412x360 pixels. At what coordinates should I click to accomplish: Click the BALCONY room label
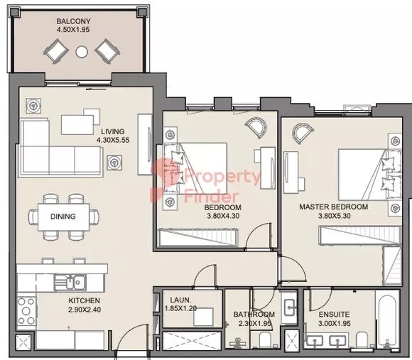tap(74, 21)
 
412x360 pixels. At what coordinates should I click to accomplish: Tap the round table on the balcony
tap(82, 51)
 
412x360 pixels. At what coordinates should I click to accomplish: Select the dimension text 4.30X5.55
tap(113, 140)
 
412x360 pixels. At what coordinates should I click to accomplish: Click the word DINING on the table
tap(63, 217)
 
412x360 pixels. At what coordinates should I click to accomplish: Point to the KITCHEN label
tap(85, 300)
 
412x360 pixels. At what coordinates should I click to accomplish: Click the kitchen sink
tap(70, 283)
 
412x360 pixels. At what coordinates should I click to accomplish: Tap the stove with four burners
tap(26, 311)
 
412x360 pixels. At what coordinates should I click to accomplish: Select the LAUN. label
tap(180, 300)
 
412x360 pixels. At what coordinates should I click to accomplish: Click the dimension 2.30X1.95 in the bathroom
tap(254, 324)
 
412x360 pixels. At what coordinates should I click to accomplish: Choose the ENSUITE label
tap(334, 315)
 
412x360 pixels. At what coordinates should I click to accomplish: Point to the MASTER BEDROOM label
tap(333, 207)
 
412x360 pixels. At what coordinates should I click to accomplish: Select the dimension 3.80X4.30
tap(223, 216)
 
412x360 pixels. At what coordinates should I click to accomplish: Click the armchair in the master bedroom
tap(303, 133)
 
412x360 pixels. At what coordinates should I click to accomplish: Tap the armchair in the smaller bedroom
tap(256, 128)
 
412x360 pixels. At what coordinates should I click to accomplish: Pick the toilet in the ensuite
tap(362, 340)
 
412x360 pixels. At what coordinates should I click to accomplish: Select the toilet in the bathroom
tap(265, 340)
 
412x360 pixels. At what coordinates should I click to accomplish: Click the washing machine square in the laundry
tap(203, 317)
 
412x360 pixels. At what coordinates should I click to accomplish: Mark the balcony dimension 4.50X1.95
tap(73, 30)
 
